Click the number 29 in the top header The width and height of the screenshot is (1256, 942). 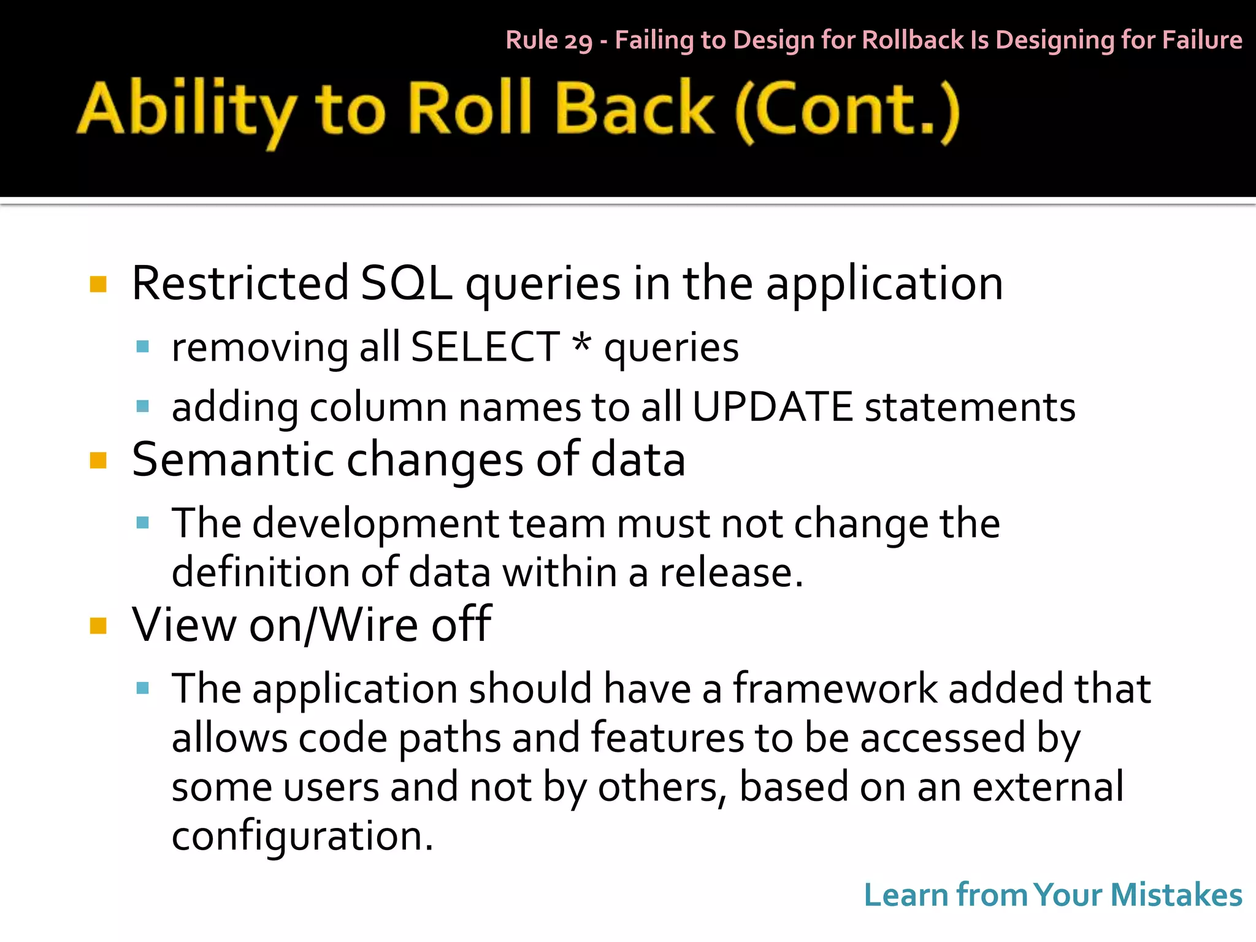(578, 41)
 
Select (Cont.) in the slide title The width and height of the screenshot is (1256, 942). (847, 110)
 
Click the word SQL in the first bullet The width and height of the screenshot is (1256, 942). (406, 283)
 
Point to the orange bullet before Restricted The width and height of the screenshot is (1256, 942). (98, 285)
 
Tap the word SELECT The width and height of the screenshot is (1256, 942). (484, 347)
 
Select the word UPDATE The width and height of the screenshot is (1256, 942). (772, 407)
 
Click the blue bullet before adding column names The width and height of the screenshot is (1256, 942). (143, 406)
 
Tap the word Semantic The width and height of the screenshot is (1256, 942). (234, 460)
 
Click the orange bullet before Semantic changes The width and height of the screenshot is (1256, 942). (98, 460)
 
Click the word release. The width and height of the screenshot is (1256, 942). (730, 572)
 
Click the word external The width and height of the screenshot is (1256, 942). (1048, 786)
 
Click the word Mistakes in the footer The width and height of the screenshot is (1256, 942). (1176, 895)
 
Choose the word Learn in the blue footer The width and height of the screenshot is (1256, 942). (906, 895)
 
